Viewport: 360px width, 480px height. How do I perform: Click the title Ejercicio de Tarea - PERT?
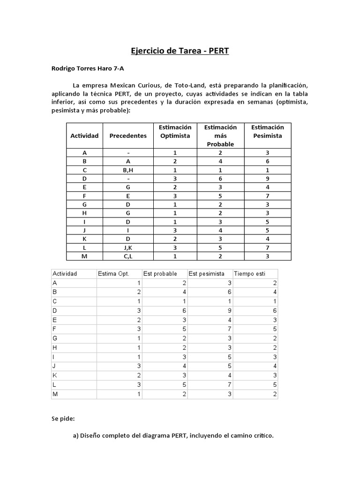180,50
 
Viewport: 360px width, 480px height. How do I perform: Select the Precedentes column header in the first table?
128,135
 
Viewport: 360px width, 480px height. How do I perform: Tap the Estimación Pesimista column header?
268,131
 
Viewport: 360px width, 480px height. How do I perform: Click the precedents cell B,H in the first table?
128,170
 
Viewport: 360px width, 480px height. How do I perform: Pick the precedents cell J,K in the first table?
128,247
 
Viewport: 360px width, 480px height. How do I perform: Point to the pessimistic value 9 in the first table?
268,178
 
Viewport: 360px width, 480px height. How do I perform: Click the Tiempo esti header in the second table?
249,273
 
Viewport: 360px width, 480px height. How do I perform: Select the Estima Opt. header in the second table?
113,273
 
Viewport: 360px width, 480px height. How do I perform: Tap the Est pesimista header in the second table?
206,273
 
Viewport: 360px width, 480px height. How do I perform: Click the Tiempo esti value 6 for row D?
275,311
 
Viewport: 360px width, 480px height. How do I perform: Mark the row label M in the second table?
55,394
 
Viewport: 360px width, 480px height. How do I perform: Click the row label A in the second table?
55,283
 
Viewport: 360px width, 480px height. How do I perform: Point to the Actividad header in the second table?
65,273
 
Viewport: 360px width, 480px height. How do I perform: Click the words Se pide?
63,417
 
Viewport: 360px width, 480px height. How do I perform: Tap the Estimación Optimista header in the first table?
175,131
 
